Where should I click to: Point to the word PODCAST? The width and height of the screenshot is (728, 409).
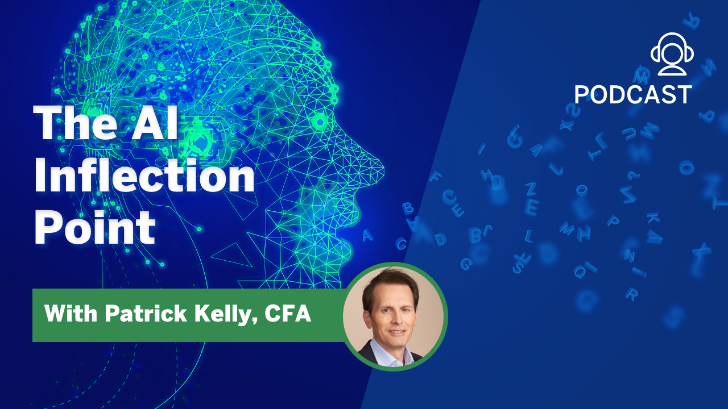[633, 95]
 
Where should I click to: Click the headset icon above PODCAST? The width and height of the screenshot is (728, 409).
[672, 53]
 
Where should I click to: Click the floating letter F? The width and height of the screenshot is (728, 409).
[436, 177]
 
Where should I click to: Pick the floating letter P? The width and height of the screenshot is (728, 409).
[613, 220]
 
